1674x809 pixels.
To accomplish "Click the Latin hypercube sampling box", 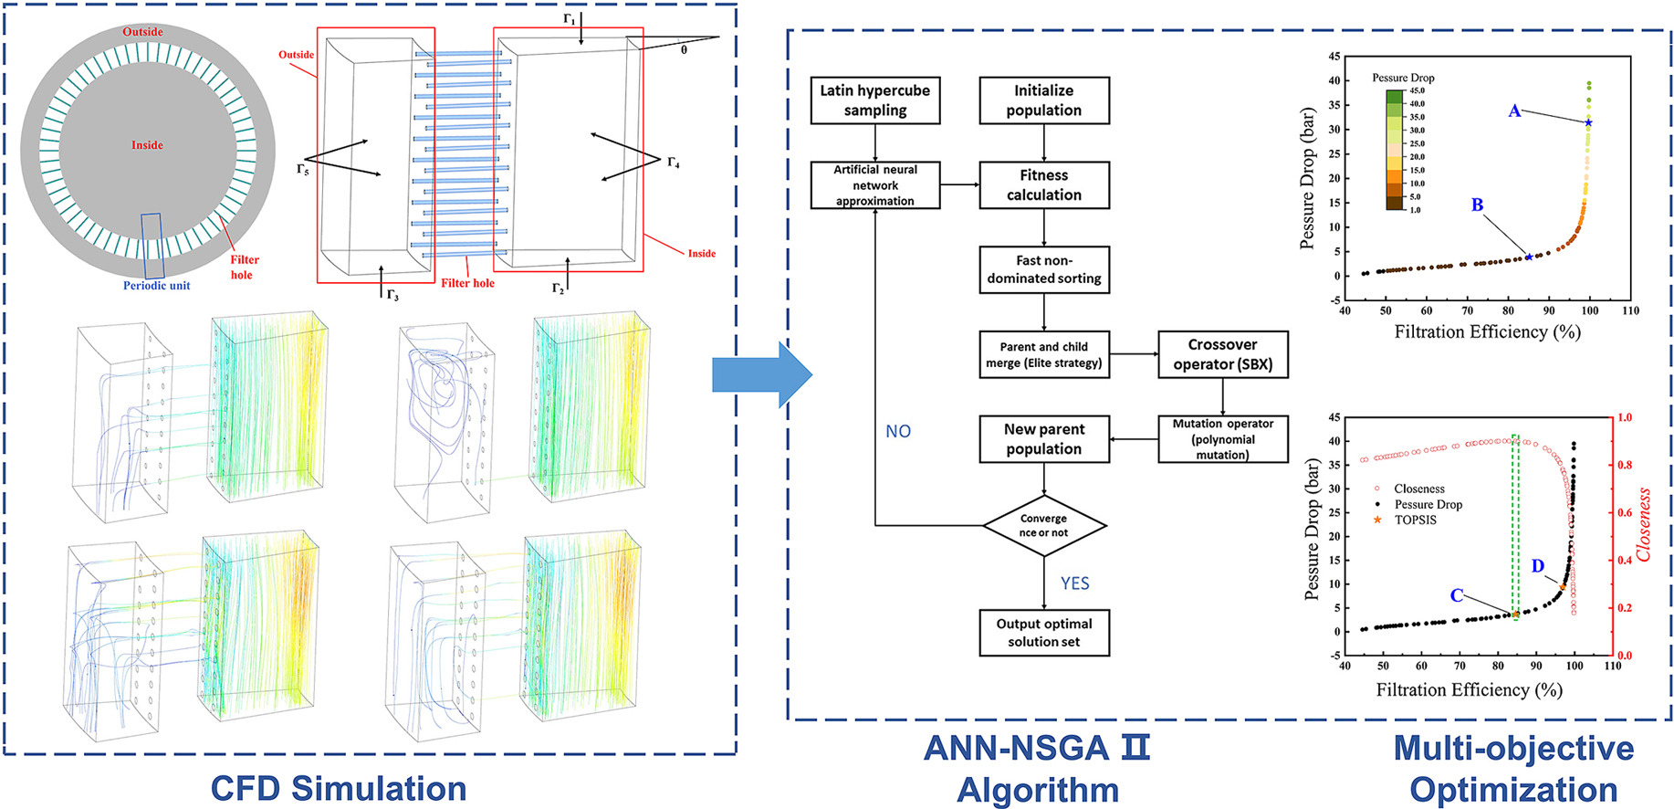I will (874, 100).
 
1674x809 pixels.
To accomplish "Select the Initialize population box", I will (1043, 100).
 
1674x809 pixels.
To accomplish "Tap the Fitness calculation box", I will (1043, 184).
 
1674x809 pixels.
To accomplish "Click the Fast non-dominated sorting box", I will (1043, 269).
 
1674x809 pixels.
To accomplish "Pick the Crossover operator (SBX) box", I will (1222, 354).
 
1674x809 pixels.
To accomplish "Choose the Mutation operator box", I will (1222, 439).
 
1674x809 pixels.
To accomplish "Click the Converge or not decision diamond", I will (1043, 525).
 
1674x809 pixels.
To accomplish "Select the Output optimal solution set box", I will (1043, 633).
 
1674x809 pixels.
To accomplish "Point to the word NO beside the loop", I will (898, 431).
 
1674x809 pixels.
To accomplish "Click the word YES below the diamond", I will (1074, 583).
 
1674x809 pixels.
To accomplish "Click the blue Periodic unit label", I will (157, 286).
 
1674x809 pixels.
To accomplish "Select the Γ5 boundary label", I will (303, 169).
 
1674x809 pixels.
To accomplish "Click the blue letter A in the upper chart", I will (1514, 111).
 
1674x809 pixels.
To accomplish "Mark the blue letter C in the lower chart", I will (1457, 595).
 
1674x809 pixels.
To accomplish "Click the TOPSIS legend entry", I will (1415, 520).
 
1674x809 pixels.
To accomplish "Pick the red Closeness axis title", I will (1644, 525).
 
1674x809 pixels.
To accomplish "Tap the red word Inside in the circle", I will (147, 145).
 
